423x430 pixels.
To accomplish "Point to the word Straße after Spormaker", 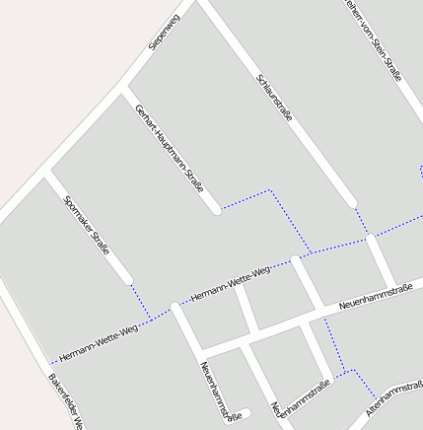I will (x=101, y=243).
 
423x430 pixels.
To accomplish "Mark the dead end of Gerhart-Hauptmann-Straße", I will (x=216, y=209).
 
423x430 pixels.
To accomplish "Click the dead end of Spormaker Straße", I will (x=127, y=281).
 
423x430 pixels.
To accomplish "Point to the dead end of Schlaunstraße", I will (x=352, y=203).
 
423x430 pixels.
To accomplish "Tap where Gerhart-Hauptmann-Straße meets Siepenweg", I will (x=123, y=92).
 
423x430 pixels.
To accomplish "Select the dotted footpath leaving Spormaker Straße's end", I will (x=140, y=300).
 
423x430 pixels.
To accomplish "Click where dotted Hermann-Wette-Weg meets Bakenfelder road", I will (x=49, y=363).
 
